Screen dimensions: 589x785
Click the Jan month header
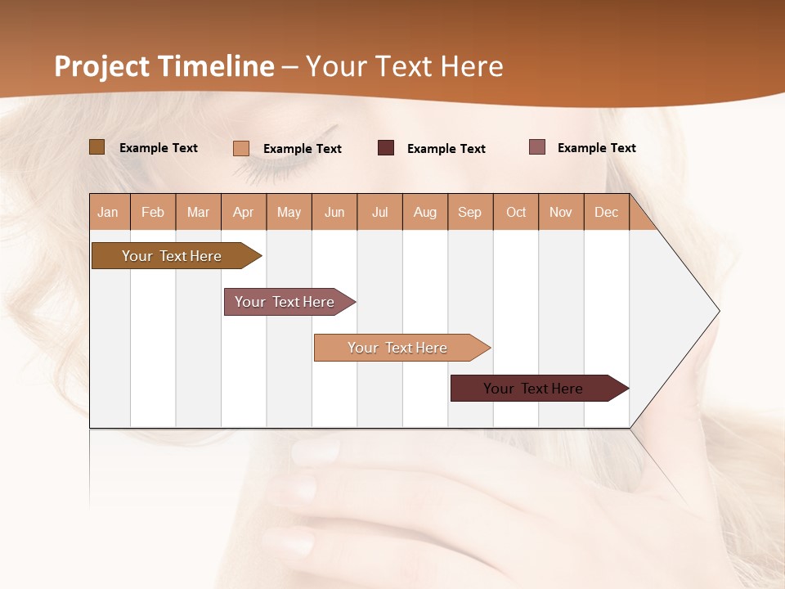(108, 212)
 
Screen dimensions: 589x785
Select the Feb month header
(153, 212)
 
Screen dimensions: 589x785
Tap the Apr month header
(243, 212)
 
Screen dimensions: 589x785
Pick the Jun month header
(334, 212)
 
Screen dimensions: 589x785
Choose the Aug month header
(424, 212)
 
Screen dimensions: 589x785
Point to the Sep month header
(469, 212)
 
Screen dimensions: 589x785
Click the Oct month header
(516, 212)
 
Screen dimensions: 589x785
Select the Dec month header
(606, 212)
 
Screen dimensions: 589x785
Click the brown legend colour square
(96, 147)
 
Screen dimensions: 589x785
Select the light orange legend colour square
(241, 148)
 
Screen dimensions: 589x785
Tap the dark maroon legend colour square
(386, 148)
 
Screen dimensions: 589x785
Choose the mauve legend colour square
(536, 147)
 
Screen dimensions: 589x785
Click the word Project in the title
(106, 66)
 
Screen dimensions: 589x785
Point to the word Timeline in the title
(219, 66)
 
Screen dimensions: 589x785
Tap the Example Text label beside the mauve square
(596, 148)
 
